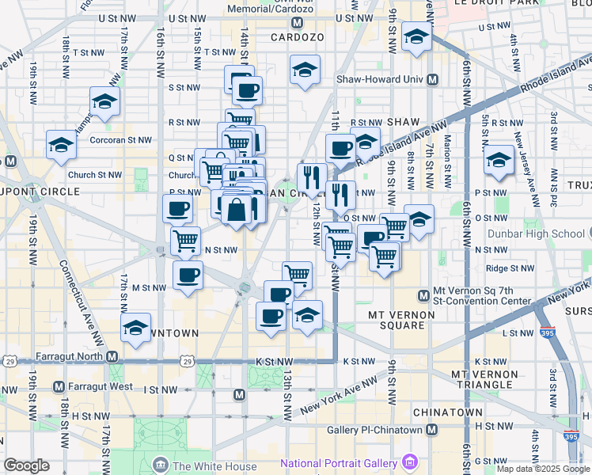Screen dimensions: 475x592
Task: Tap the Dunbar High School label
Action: [x=547, y=234]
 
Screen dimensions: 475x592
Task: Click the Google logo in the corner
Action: [x=26, y=465]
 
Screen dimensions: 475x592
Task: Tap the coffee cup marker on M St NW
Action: [x=188, y=275]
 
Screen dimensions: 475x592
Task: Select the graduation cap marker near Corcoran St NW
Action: [x=60, y=144]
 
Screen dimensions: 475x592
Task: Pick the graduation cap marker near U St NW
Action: [x=416, y=36]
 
